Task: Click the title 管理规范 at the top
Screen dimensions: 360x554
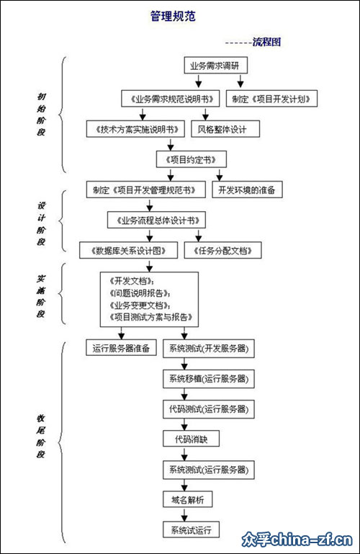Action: (x=173, y=17)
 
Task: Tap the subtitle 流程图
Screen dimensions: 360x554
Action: (x=267, y=42)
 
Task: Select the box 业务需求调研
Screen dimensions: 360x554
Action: (x=216, y=66)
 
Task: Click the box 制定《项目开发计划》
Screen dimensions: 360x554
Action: (x=271, y=99)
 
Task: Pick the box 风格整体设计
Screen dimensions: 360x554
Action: (x=225, y=129)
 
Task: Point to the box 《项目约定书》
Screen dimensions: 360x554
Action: (x=192, y=159)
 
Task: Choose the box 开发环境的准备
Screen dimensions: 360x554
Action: (x=247, y=189)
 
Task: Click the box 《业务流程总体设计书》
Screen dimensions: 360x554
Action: (x=156, y=220)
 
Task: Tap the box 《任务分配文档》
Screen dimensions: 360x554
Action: (x=222, y=250)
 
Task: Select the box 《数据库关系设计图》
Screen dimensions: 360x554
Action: (x=128, y=250)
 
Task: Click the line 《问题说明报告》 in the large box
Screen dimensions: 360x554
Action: (x=140, y=293)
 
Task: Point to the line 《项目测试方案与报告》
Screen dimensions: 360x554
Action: (x=151, y=317)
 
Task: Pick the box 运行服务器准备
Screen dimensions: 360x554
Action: (x=122, y=348)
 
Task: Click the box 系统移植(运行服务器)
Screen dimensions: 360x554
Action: (x=209, y=378)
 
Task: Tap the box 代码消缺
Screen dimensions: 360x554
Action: (x=192, y=439)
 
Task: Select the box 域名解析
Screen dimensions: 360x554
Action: (x=188, y=499)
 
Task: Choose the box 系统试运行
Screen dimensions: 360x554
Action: (x=192, y=530)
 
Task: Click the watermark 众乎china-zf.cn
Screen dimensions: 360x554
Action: (x=297, y=540)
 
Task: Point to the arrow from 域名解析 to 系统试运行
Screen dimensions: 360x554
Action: (x=184, y=514)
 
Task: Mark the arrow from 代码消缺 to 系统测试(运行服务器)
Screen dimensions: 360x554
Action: (x=184, y=454)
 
